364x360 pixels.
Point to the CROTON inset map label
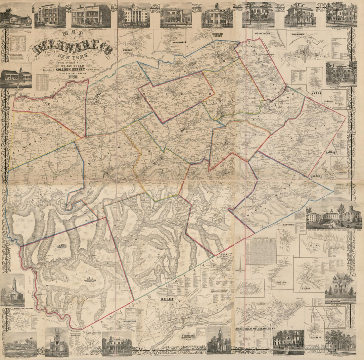pyautogui.click(x=128, y=50)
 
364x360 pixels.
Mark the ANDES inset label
pyautogui.click(x=317, y=93)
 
